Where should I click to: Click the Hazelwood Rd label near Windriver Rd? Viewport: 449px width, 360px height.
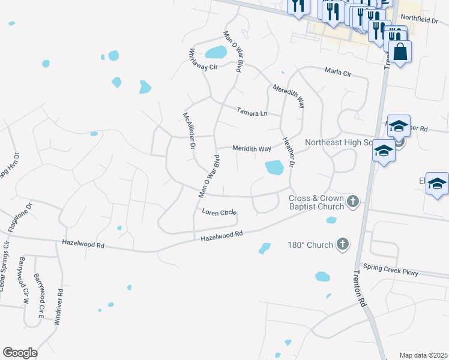point(83,244)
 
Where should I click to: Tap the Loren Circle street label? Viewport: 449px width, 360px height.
point(219,212)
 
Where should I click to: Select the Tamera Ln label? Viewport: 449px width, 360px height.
point(251,112)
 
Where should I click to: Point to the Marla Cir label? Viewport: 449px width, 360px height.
point(337,72)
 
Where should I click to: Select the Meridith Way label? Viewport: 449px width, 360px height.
point(252,148)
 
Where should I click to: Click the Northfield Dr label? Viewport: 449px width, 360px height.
point(420,20)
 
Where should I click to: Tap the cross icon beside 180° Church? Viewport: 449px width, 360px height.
point(342,244)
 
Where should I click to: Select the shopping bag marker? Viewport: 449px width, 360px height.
point(400,52)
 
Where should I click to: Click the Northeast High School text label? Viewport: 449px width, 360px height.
point(339,143)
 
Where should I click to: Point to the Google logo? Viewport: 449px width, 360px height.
point(20,353)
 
